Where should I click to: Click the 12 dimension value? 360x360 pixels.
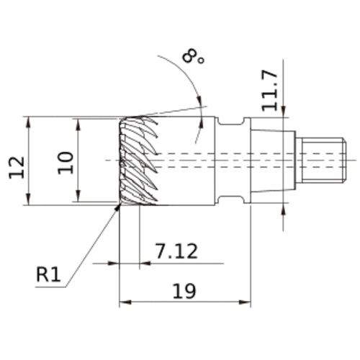[x=17, y=168]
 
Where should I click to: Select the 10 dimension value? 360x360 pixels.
[x=66, y=163]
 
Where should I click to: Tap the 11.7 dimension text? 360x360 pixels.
[x=270, y=91]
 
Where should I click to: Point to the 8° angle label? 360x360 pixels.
[x=193, y=57]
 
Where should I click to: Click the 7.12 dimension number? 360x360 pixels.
[x=177, y=251]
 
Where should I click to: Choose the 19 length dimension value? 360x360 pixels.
[x=184, y=291]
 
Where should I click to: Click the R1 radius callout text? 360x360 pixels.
[x=48, y=274]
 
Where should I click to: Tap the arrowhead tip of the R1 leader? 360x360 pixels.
[x=120, y=204]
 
